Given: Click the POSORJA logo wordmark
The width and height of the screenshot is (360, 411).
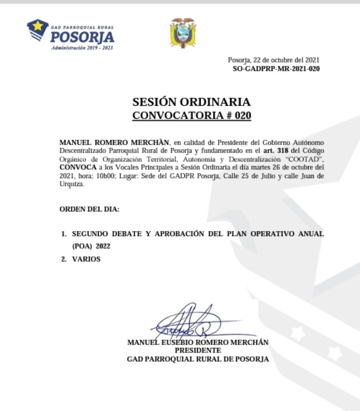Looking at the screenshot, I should click(x=82, y=37).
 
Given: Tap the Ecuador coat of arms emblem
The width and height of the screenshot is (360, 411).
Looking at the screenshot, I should click(x=183, y=33).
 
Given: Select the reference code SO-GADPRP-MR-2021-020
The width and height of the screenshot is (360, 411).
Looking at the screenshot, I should click(x=276, y=69).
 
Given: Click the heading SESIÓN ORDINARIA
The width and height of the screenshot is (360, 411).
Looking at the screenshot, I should click(x=191, y=102).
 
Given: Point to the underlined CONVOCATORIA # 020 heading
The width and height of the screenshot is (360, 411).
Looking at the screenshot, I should click(x=191, y=116).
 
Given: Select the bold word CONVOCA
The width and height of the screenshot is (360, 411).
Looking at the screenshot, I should click(x=76, y=166).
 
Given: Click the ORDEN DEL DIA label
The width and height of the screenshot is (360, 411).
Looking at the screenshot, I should click(x=89, y=209).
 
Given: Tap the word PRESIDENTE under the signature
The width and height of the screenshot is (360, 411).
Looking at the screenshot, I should click(x=197, y=350).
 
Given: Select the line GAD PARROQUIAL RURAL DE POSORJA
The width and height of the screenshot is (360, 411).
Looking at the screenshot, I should click(x=197, y=359).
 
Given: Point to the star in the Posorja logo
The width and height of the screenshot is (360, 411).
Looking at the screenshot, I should click(x=39, y=26).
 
